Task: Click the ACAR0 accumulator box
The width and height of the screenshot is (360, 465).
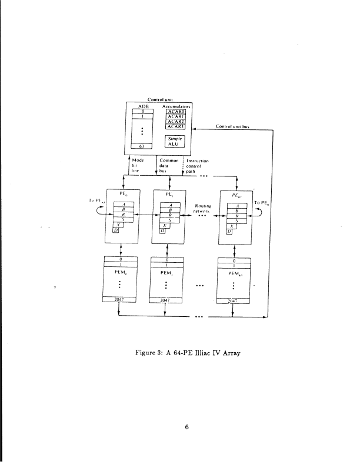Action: (176, 111)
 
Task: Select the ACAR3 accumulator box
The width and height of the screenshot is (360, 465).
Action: (176, 126)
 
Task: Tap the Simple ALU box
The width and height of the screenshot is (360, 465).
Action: (176, 140)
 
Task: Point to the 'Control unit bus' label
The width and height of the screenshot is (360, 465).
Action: (233, 126)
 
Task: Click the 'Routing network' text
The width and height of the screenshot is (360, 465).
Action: (202, 208)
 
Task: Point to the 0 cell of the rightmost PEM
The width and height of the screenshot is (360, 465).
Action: (235, 261)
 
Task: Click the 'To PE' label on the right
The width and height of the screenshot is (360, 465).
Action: (261, 203)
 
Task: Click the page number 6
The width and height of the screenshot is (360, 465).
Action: (186, 427)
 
